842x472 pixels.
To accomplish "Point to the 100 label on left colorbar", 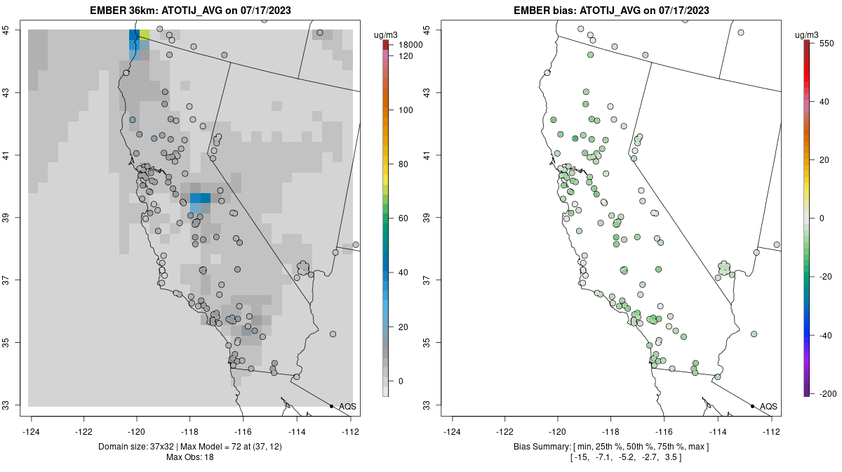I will pos(406,110).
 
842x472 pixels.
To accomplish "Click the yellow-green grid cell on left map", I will pos(144,34).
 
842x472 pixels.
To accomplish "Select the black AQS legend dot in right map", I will pos(752,407).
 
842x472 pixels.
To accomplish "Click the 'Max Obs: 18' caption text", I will pos(189,458).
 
